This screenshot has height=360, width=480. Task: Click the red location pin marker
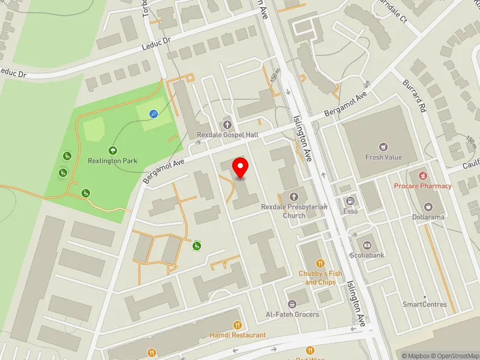click(x=241, y=167)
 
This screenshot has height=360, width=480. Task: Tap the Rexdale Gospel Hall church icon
click(x=227, y=125)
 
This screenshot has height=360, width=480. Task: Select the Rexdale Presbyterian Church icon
click(x=294, y=196)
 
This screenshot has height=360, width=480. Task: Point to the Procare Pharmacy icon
click(x=422, y=175)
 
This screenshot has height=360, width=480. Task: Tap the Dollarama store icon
click(x=427, y=206)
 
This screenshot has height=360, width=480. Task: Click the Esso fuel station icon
click(x=350, y=201)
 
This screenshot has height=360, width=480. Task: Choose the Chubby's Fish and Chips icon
click(x=320, y=263)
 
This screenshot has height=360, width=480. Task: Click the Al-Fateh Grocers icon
click(x=292, y=304)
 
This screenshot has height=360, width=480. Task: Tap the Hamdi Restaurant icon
click(x=237, y=325)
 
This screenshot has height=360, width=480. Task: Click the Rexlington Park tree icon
click(x=113, y=151)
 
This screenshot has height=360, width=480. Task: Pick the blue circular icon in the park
click(x=154, y=113)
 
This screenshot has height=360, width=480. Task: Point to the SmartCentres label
click(x=424, y=304)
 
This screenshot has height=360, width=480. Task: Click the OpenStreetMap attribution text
click(x=455, y=355)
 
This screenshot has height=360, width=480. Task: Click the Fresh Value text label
click(x=383, y=158)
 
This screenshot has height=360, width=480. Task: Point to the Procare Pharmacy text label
click(x=422, y=186)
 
